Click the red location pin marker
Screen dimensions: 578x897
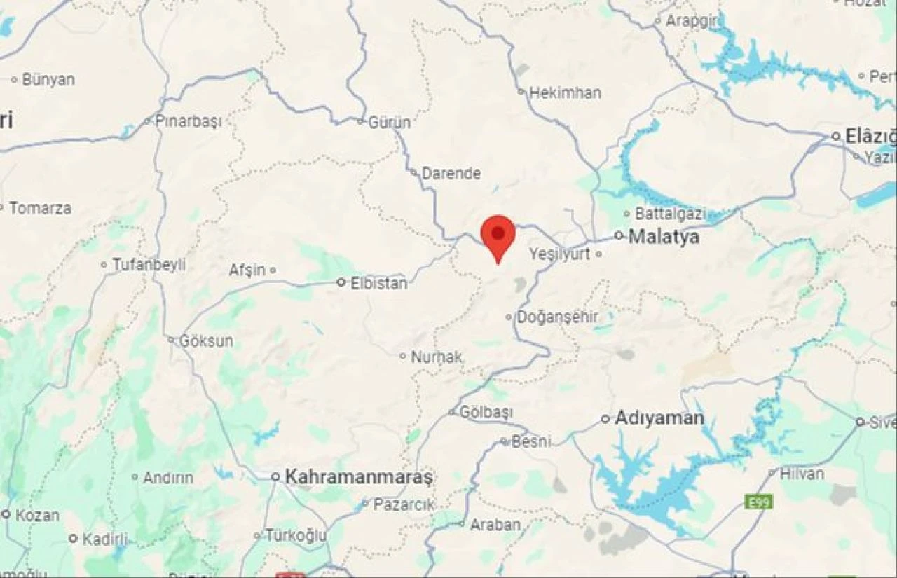tap(498, 235)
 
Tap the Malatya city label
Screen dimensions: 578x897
tap(663, 237)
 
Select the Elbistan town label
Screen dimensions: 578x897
tap(378, 283)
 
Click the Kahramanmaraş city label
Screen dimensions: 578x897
tap(359, 477)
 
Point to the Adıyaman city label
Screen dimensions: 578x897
tap(659, 419)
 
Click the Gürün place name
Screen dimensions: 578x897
tap(390, 122)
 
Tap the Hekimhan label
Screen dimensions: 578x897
tap(565, 92)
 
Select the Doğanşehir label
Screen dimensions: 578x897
tap(557, 317)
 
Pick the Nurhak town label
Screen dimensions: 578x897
tap(437, 357)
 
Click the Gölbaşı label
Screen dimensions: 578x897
tap(486, 413)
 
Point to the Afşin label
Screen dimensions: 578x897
tap(248, 270)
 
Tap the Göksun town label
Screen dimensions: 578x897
tap(206, 341)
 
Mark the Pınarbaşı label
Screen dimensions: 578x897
tap(188, 121)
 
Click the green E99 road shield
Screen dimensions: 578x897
tap(753, 502)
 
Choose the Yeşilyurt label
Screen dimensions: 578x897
tap(560, 254)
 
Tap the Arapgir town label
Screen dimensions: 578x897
tap(691, 21)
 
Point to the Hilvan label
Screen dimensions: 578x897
tap(802, 474)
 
